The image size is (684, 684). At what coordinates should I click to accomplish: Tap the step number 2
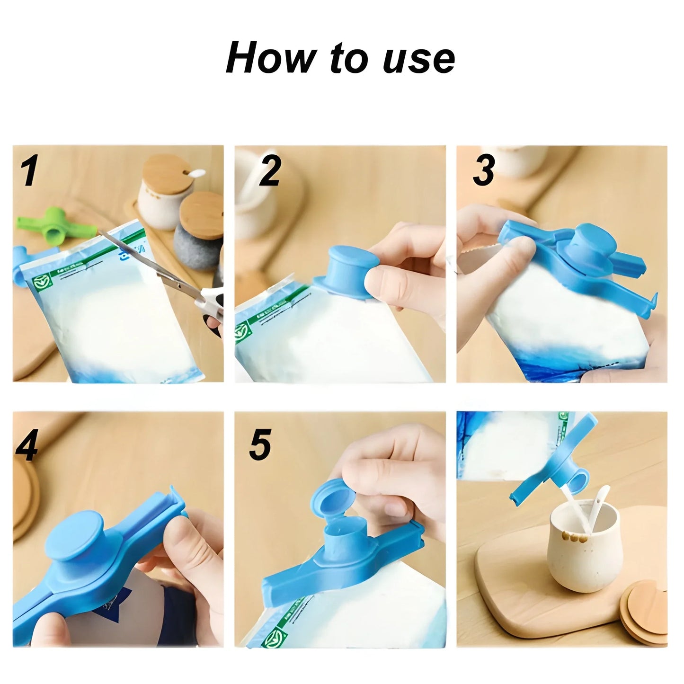click(270, 170)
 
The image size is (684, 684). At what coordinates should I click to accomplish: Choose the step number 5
click(260, 444)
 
